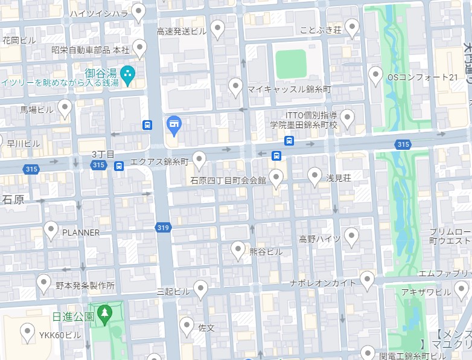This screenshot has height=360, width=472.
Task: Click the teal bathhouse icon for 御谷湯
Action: (x=127, y=75)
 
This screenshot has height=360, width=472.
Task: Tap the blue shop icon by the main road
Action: (x=174, y=125)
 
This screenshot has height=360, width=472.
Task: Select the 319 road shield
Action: (x=162, y=228)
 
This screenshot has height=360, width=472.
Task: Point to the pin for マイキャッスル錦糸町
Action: (x=236, y=87)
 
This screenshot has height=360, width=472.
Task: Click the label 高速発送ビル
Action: (x=182, y=31)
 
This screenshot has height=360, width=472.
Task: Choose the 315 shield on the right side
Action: (x=403, y=144)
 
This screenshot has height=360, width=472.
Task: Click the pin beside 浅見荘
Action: (x=314, y=176)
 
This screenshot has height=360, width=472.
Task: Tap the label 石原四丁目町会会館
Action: (x=228, y=180)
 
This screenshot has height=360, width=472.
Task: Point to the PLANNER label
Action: (x=81, y=232)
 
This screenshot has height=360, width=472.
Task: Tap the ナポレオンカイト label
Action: (x=323, y=283)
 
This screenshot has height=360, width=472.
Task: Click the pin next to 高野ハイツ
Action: (x=351, y=236)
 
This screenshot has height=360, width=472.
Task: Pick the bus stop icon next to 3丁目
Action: (x=119, y=166)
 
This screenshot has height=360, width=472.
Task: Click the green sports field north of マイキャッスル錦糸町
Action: (x=290, y=64)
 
